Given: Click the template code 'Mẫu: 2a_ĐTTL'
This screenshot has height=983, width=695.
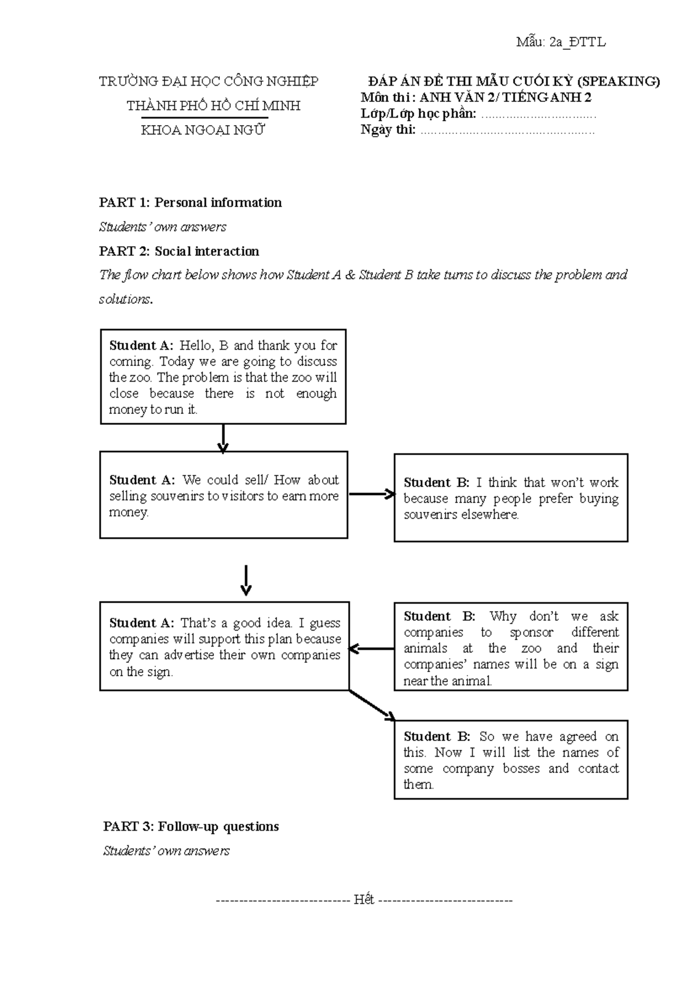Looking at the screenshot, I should pyautogui.click(x=561, y=42).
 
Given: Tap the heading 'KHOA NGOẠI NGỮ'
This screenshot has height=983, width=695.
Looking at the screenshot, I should pyautogui.click(x=203, y=130).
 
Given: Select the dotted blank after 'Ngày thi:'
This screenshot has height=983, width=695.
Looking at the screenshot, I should pyautogui.click(x=507, y=130).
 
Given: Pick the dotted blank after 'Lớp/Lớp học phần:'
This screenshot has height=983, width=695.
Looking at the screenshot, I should pyautogui.click(x=539, y=114).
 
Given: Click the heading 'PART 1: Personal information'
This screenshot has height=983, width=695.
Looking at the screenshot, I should pyautogui.click(x=190, y=203).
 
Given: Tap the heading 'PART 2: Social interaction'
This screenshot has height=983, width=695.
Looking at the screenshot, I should pyautogui.click(x=179, y=251).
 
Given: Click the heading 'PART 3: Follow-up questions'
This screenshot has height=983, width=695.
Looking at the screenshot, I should pyautogui.click(x=191, y=826).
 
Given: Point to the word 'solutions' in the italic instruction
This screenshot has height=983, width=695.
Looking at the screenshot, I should pyautogui.click(x=125, y=299).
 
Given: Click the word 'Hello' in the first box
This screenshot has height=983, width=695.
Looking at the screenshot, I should pyautogui.click(x=196, y=346).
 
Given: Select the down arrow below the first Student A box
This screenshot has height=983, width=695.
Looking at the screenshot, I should pyautogui.click(x=223, y=438).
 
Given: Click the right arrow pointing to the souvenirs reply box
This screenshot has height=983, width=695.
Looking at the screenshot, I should pyautogui.click(x=371, y=494).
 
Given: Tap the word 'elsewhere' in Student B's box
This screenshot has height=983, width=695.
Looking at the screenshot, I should pyautogui.click(x=489, y=515).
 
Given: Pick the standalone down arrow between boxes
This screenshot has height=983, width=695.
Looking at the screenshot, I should pyautogui.click(x=246, y=581).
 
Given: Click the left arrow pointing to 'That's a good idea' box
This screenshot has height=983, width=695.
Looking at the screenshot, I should pyautogui.click(x=371, y=649).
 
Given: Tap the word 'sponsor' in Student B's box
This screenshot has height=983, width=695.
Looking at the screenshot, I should pyautogui.click(x=532, y=632).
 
